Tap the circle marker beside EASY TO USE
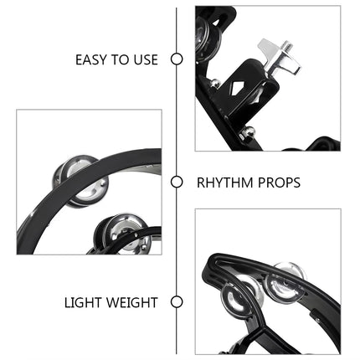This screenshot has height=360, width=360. tap(177, 59)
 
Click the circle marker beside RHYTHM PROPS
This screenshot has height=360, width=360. tap(177, 182)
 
